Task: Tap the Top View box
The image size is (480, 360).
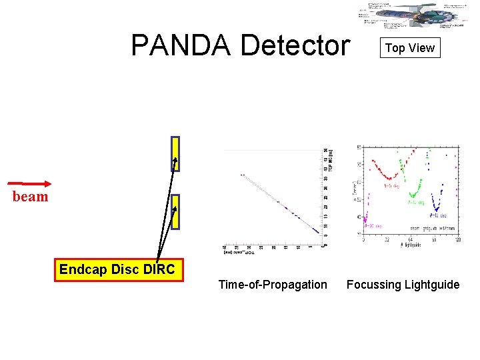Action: click(410, 48)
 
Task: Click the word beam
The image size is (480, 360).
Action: click(31, 197)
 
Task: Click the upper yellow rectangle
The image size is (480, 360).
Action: click(175, 153)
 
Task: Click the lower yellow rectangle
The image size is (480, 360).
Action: click(175, 212)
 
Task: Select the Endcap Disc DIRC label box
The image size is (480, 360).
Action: click(119, 270)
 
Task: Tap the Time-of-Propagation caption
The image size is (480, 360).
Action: click(273, 285)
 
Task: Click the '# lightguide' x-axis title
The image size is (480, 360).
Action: click(410, 245)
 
